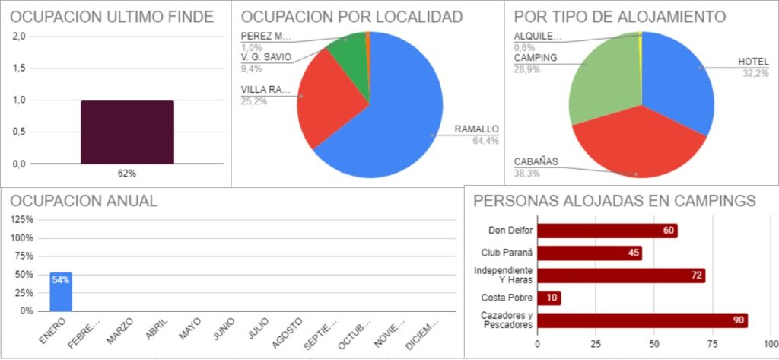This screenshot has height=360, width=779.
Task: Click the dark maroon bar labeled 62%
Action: click(x=127, y=132)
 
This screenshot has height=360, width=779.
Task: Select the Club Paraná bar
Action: click(x=590, y=253)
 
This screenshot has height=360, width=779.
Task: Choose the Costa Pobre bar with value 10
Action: click(x=549, y=298)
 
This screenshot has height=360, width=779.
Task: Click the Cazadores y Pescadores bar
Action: click(x=642, y=320)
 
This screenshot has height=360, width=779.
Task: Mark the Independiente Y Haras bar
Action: click(x=621, y=276)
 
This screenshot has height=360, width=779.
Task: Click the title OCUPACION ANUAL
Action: click(x=84, y=201)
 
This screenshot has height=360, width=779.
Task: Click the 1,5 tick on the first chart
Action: click(x=19, y=68)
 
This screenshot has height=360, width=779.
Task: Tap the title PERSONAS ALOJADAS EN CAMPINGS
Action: click(x=614, y=201)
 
